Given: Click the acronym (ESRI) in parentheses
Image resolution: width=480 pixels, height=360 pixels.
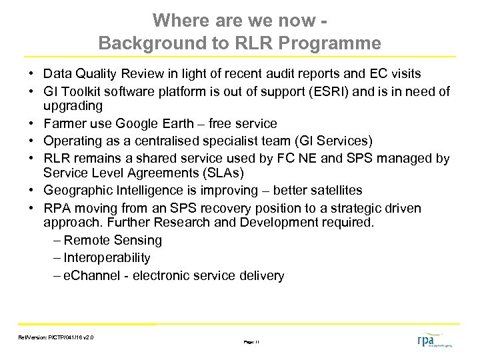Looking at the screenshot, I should click(x=331, y=91).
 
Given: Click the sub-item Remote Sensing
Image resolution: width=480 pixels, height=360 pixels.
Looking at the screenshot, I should click(x=113, y=241).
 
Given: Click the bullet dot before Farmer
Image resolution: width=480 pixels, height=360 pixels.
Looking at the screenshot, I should click(x=32, y=124).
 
